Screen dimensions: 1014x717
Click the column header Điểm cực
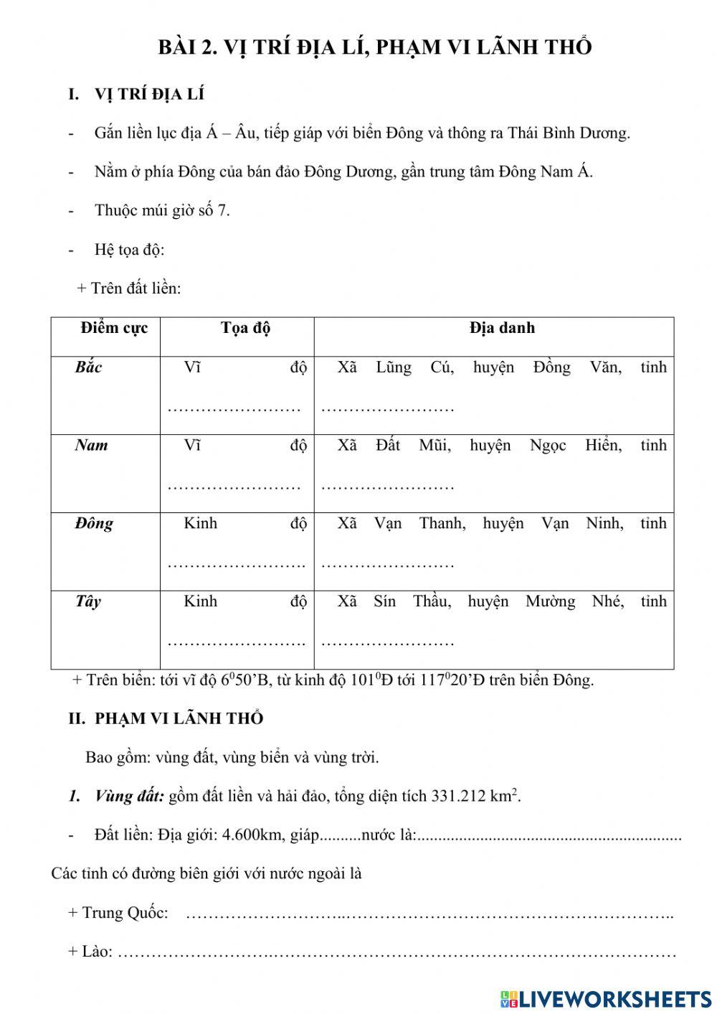click(x=114, y=328)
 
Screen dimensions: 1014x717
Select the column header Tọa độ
click(x=245, y=328)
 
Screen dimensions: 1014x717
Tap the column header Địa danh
click(x=502, y=328)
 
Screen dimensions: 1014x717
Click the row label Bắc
click(x=89, y=367)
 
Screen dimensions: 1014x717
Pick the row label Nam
click(x=91, y=445)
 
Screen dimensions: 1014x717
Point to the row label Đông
click(x=94, y=523)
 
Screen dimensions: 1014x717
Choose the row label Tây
click(x=88, y=601)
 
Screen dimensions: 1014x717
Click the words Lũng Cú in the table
click(x=414, y=367)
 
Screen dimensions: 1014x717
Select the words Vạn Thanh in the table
click(x=419, y=523)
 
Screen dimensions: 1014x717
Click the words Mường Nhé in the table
click(x=574, y=601)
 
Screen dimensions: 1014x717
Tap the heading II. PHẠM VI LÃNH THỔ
click(x=166, y=718)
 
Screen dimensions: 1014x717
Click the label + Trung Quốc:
click(x=118, y=913)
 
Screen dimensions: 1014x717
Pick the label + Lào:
click(x=90, y=952)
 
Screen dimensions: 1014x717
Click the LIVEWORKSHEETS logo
click(x=607, y=998)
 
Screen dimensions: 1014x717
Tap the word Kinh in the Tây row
click(x=200, y=601)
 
